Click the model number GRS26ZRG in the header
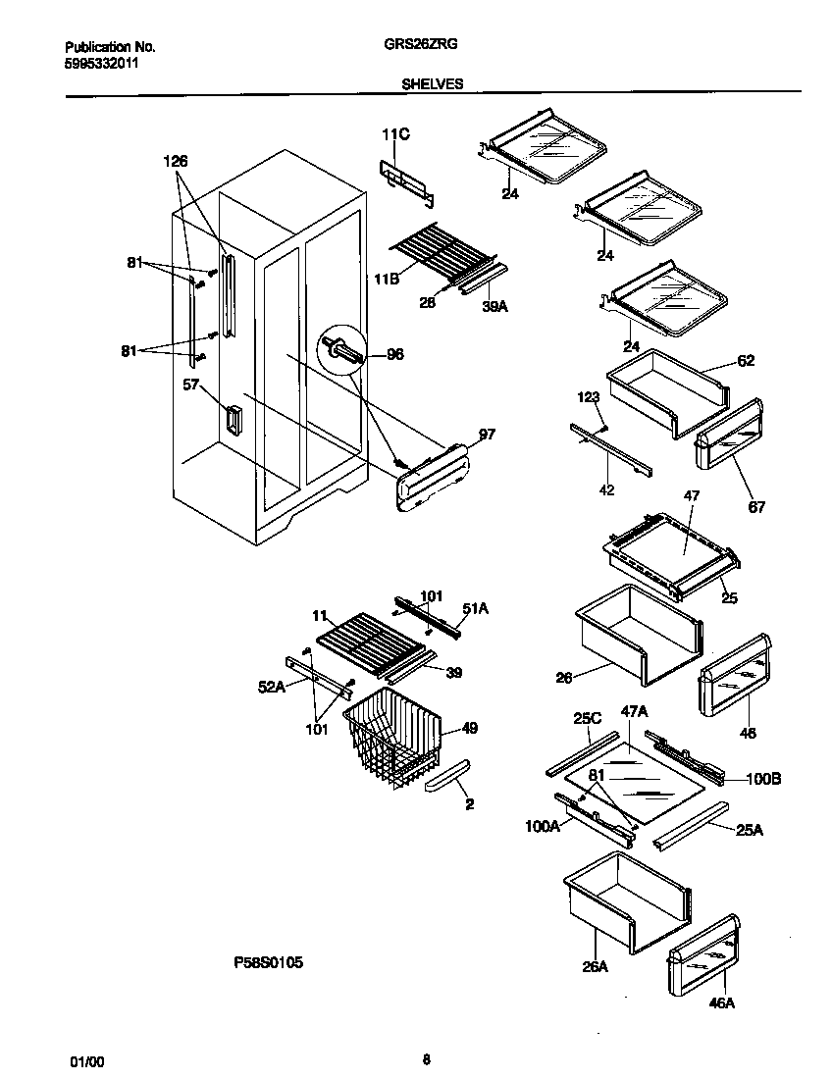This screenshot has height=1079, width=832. point(433,45)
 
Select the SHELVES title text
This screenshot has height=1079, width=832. point(433,84)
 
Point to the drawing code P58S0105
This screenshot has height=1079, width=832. point(268,963)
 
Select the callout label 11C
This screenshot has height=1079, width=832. point(395,134)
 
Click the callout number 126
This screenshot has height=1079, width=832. point(175,161)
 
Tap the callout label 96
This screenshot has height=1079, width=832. point(394,355)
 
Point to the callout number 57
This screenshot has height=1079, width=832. point(190,385)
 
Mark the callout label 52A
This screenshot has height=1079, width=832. point(271,688)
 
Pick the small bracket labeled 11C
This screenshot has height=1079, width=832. point(405,180)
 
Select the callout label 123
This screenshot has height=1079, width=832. point(588,397)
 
